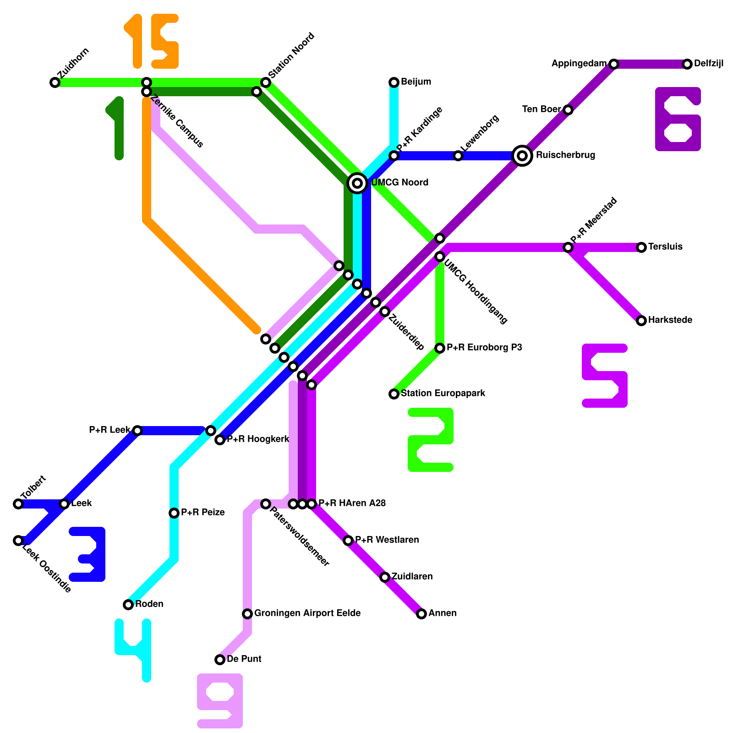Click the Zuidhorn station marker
[x=55, y=82]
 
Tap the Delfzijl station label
[x=708, y=64]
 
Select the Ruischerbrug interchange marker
[x=522, y=156]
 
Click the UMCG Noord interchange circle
[x=357, y=183]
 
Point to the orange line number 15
[x=151, y=41]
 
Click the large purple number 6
[x=678, y=119]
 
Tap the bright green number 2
[x=431, y=440]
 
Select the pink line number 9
[x=220, y=701]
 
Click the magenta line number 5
[x=605, y=376]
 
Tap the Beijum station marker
[x=394, y=82]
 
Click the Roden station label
[x=149, y=604]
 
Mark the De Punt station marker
[x=220, y=660]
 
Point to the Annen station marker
[x=421, y=614]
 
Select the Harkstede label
[x=670, y=320]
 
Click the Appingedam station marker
[x=614, y=64]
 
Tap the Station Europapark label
[x=443, y=394]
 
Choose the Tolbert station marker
[x=18, y=504]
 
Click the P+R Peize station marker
[x=174, y=513]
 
